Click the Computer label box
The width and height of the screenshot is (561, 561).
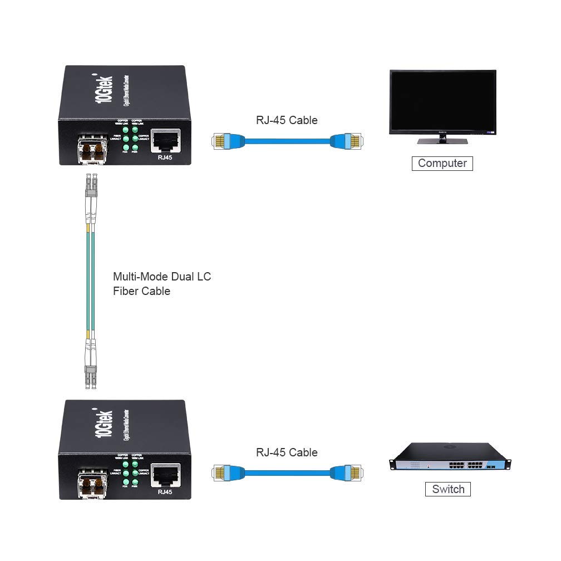click(x=442, y=163)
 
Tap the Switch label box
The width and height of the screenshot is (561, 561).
click(x=447, y=489)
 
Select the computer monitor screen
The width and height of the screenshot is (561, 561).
click(x=442, y=101)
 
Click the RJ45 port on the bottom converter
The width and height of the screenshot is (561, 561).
click(x=166, y=474)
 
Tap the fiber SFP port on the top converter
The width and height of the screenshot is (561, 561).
click(x=91, y=150)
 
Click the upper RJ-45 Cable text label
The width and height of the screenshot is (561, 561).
click(x=287, y=120)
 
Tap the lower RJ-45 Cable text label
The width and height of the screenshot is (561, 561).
click(x=287, y=452)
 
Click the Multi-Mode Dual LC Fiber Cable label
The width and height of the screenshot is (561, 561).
click(x=162, y=283)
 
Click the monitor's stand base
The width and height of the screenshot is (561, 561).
click(x=442, y=141)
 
